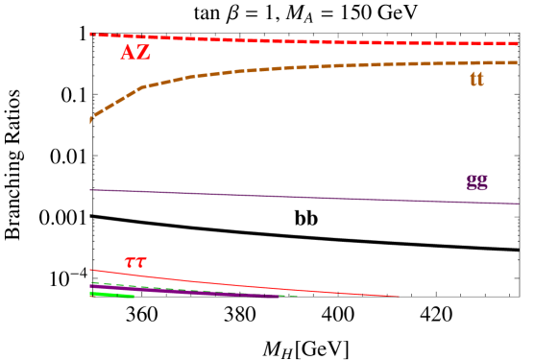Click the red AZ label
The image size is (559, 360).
pos(135,53)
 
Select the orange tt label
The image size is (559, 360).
pos(476,79)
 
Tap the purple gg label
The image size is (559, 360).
pos(476,182)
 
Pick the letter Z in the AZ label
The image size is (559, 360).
pos(143,53)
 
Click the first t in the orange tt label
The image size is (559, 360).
pos(474,79)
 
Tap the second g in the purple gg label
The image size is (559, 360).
pos(482,182)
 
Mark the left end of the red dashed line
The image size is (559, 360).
pos(90,34)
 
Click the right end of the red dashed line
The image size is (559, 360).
pos(519,43)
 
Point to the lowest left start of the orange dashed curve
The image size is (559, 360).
pos(90,122)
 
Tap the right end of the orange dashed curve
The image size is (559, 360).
pos(519,62)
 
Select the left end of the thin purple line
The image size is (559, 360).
pos(90,190)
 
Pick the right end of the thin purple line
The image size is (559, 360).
pos(520,204)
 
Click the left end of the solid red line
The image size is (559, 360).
pos(90,270)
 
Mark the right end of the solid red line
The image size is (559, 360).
pos(398,297)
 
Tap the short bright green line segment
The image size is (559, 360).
pos(112,295)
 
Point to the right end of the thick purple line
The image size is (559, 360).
pos(278,297)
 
